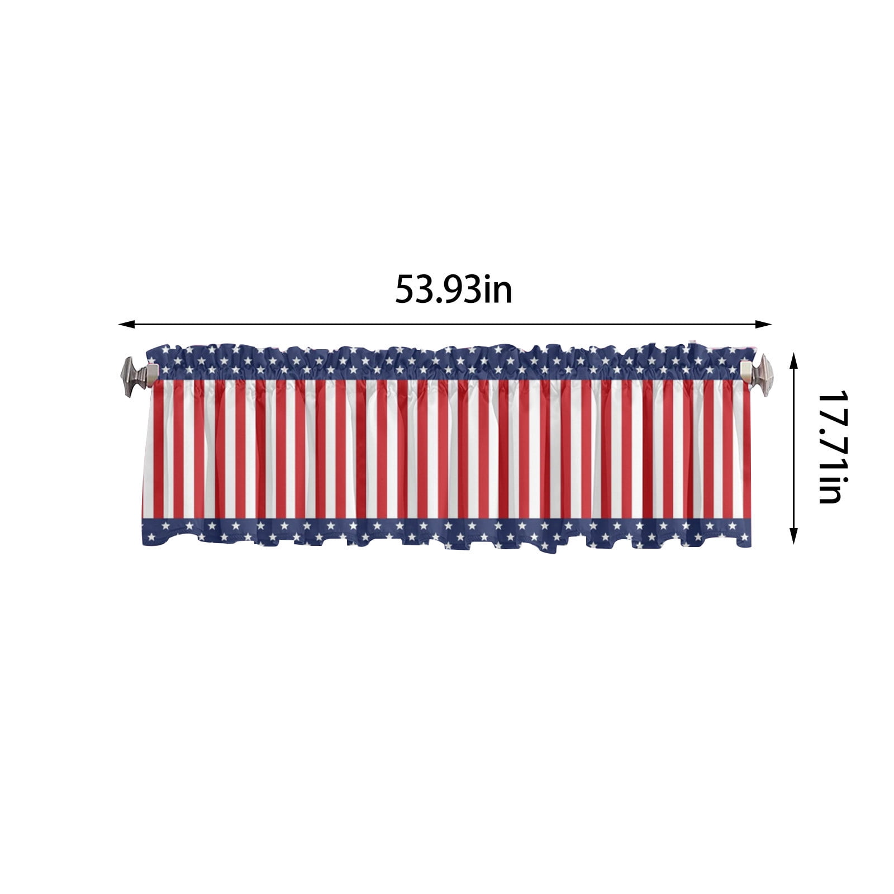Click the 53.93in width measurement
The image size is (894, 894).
[453, 289]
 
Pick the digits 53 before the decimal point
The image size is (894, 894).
[412, 289]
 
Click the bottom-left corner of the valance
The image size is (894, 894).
[144, 544]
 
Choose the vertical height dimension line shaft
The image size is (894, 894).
[793, 447]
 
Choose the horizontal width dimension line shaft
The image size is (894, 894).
[335, 324]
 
